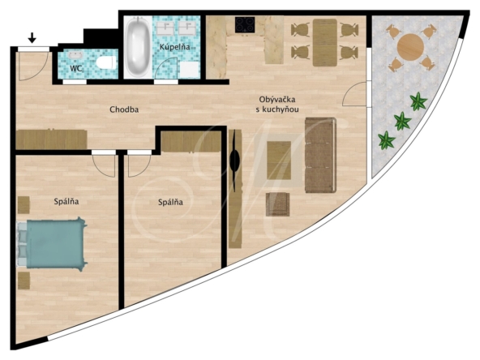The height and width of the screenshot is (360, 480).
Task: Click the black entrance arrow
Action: click(32, 38)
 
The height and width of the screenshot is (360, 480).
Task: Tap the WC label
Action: click(76, 69)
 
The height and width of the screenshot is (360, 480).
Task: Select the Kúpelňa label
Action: click(174, 47)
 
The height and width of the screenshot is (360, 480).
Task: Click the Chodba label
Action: click(124, 109)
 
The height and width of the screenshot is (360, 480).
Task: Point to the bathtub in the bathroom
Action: click(138, 46)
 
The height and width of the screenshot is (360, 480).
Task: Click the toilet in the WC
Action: click(106, 62)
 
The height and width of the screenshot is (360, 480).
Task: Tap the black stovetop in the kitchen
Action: click(245, 25)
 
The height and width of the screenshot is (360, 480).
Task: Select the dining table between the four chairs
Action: click(325, 42)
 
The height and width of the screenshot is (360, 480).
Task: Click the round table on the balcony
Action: click(410, 48)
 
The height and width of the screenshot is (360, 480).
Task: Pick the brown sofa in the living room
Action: click(320, 155)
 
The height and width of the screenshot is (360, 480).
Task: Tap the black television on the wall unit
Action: click(234, 161)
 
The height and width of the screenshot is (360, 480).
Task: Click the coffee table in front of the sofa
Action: click(279, 160)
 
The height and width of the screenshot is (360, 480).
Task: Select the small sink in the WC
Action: click(75, 55)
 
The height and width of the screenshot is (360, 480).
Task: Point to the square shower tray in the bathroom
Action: click(189, 70)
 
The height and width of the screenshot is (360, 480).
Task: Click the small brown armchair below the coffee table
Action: click(277, 204)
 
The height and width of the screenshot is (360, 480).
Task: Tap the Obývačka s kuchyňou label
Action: click(277, 105)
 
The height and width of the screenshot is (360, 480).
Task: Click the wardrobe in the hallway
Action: click(51, 139)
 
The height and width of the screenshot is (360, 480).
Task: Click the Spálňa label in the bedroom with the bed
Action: click(66, 201)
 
